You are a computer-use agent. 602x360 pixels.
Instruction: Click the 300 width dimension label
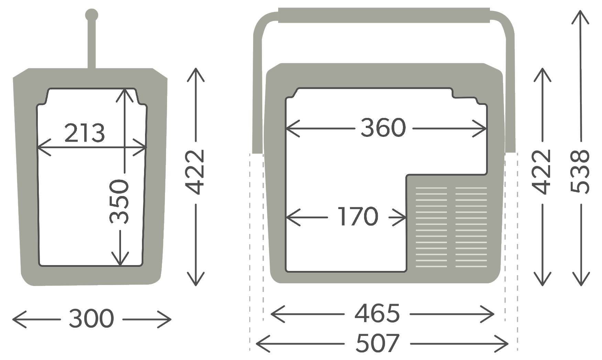(91, 319)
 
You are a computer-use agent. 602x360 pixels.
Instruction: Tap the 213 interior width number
(84, 133)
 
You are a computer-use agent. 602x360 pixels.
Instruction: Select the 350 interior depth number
(119, 201)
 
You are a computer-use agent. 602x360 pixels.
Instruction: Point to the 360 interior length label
(383, 128)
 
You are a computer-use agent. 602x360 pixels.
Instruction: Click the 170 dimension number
(358, 217)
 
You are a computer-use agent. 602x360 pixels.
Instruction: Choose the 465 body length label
(377, 314)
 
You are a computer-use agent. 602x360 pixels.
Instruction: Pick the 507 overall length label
(377, 343)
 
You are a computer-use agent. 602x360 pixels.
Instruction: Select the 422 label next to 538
(542, 172)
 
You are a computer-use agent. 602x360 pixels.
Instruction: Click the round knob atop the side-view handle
(91, 15)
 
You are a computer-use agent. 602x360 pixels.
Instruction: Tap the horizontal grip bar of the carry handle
(384, 15)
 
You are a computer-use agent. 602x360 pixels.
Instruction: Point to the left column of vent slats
(431, 227)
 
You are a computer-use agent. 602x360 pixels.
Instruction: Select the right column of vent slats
(471, 227)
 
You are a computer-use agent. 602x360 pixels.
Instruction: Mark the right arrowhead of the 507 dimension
(506, 343)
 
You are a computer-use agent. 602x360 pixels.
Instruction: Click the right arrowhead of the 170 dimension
(404, 217)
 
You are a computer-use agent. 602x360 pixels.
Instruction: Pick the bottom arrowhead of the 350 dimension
(120, 263)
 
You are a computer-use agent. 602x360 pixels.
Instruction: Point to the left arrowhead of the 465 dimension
(273, 314)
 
